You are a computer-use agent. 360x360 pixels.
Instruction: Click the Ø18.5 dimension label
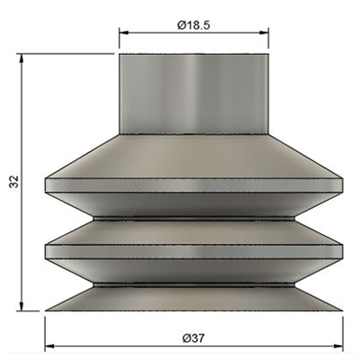click(193, 25)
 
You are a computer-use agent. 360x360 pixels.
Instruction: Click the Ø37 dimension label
click(193, 338)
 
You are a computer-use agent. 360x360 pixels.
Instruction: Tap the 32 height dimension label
click(14, 182)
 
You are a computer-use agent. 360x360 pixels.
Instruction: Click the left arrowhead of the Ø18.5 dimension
click(124, 32)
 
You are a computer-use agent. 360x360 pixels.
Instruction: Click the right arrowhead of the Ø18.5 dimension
click(264, 32)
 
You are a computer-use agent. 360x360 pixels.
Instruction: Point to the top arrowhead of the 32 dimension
click(21, 58)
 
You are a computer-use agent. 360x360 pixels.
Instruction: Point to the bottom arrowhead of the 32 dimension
click(21, 306)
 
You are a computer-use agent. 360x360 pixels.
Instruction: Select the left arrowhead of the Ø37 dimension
click(49, 346)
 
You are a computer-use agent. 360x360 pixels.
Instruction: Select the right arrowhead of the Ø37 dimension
click(338, 346)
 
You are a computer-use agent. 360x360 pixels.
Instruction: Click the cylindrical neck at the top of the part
click(193, 94)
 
